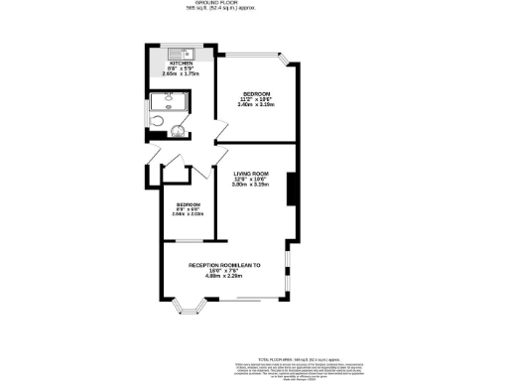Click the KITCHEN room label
click(x=181, y=63)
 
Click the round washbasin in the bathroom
click(x=180, y=128)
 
